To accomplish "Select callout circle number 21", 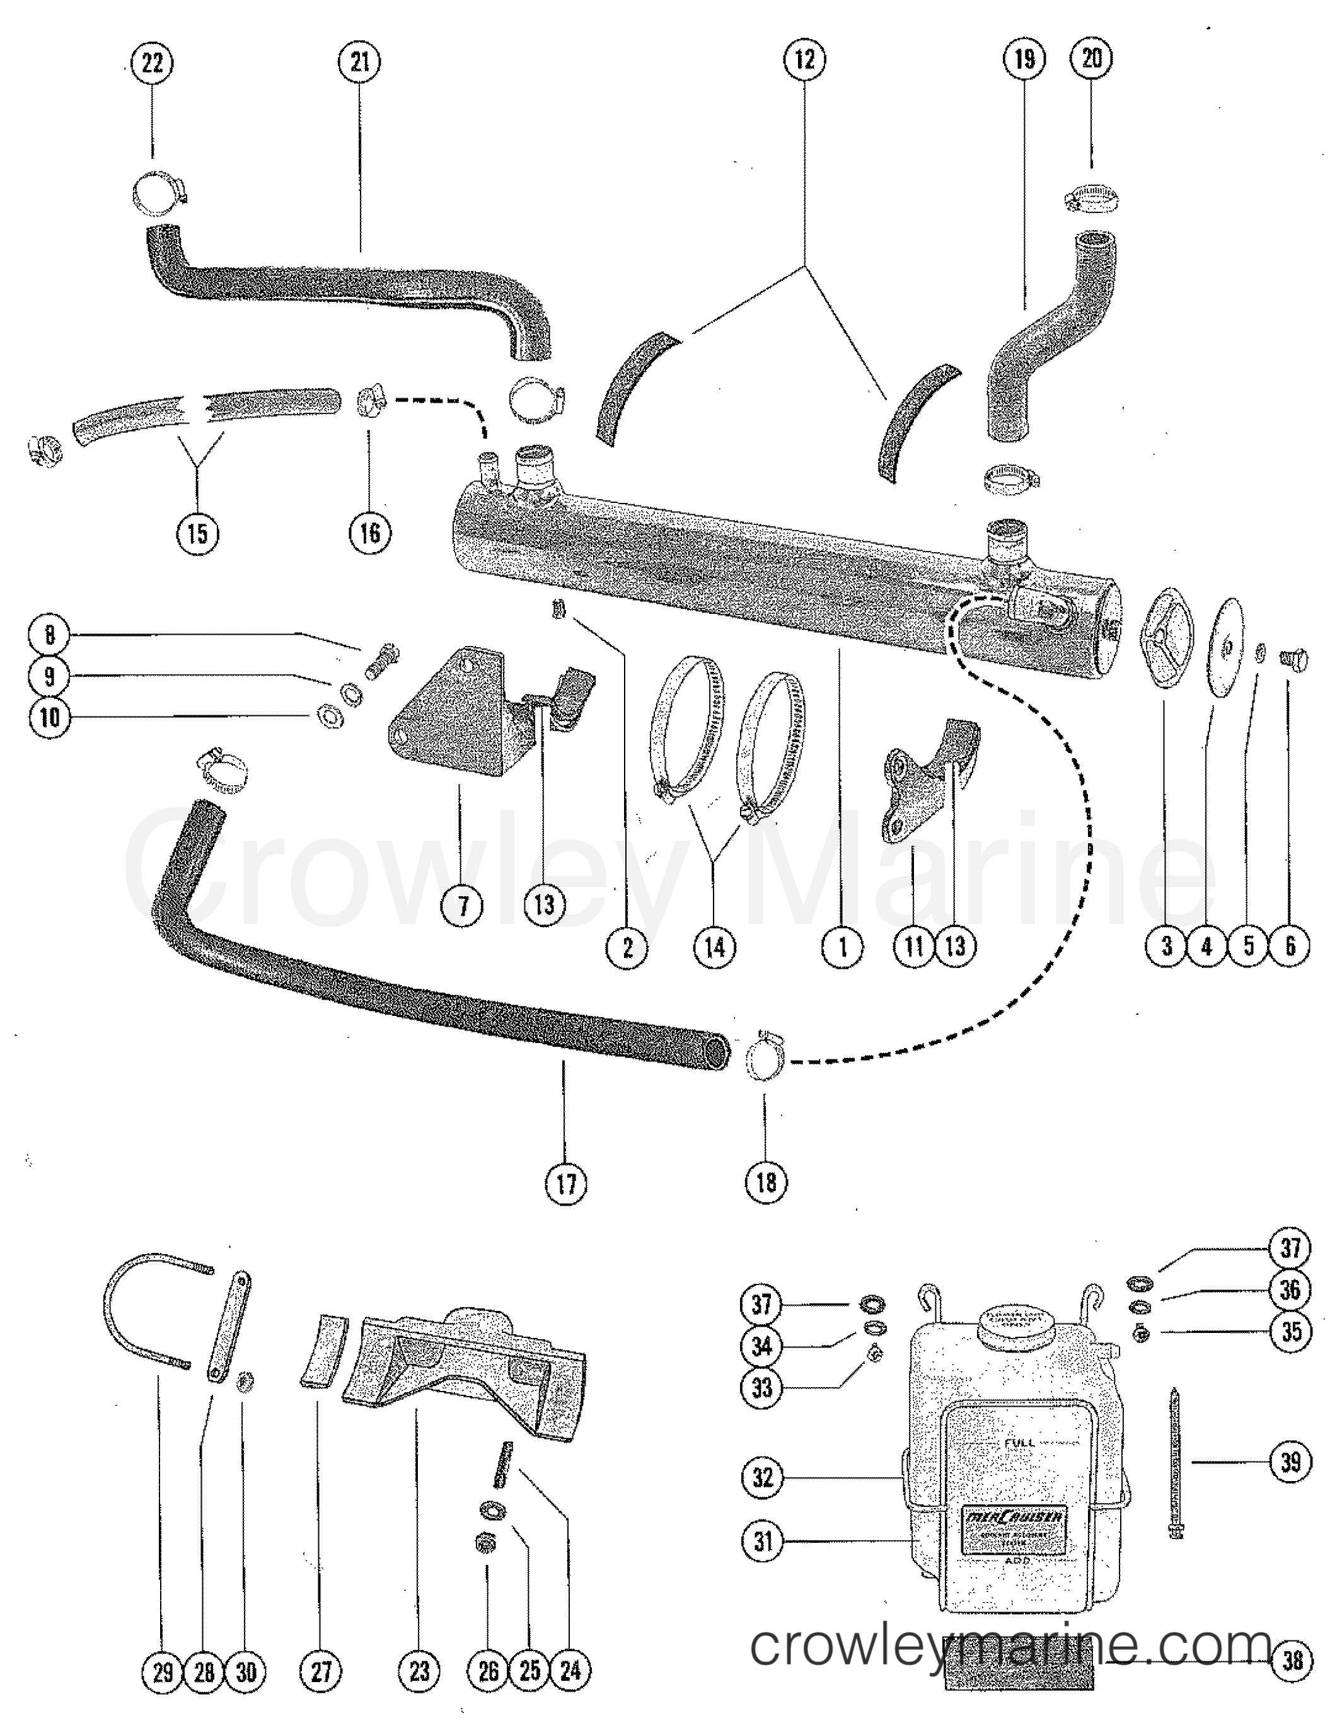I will click(360, 62).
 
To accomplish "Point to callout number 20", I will click(1092, 58).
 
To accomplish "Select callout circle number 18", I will click(766, 1183).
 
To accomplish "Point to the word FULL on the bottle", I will click(1019, 1443).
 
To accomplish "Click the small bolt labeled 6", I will click(1293, 659).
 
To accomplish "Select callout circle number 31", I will click(763, 1542).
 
